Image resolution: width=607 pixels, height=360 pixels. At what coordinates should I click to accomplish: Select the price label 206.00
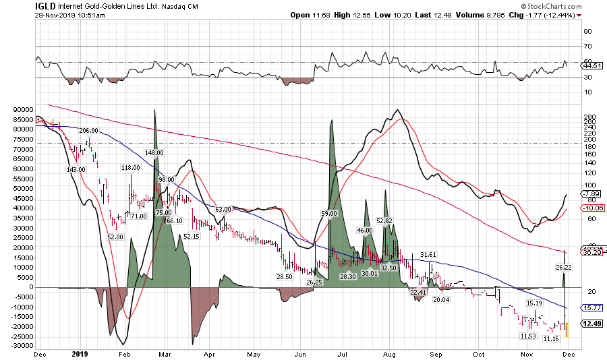88,131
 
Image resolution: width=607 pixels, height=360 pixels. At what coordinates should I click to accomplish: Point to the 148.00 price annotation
154,153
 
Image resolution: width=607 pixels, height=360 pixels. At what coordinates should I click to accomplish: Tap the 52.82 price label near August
384,220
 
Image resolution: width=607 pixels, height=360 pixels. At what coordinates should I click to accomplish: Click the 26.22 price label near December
564,268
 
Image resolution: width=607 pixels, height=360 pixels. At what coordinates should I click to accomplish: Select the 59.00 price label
328,213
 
